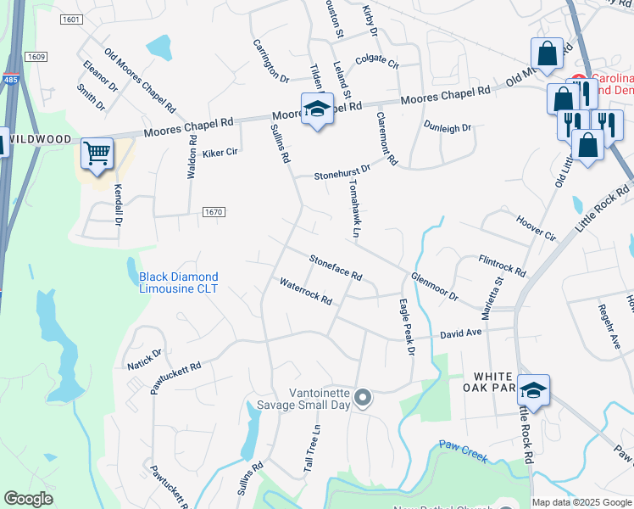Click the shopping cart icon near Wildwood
click(97, 154)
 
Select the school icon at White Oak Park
click(533, 391)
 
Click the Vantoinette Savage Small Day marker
click(364, 397)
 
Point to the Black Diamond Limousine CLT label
click(178, 282)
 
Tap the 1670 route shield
click(214, 212)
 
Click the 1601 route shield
click(72, 20)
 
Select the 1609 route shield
click(36, 56)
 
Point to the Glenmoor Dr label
click(434, 287)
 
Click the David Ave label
click(460, 334)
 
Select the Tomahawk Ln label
click(355, 208)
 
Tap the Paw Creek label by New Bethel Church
click(463, 451)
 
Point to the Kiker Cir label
click(220, 154)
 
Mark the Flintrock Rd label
click(502, 266)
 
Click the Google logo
click(28, 499)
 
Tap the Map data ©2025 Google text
click(581, 502)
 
